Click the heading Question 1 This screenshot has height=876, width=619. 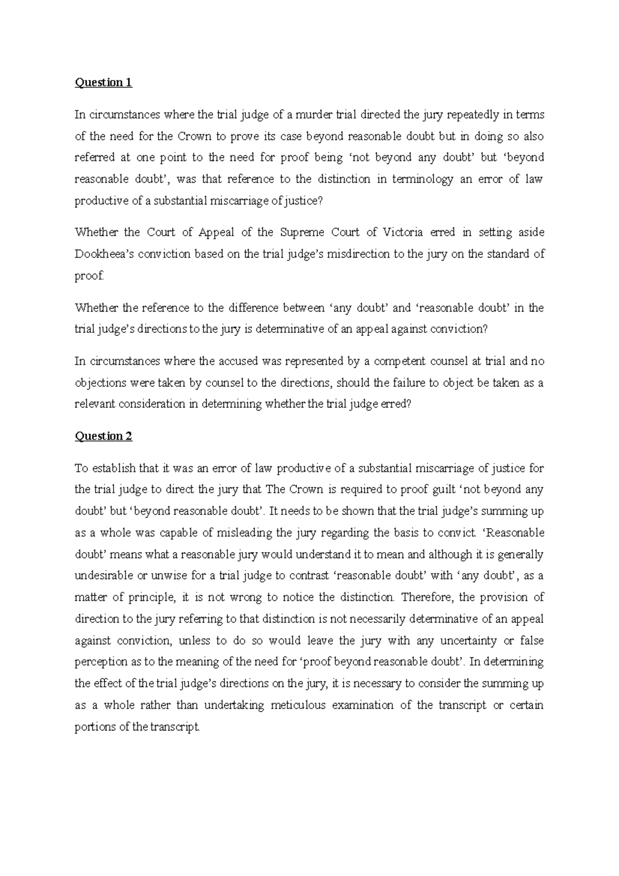click(x=103, y=83)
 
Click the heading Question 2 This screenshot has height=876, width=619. click(x=103, y=436)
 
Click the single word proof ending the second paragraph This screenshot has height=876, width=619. click(x=89, y=276)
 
